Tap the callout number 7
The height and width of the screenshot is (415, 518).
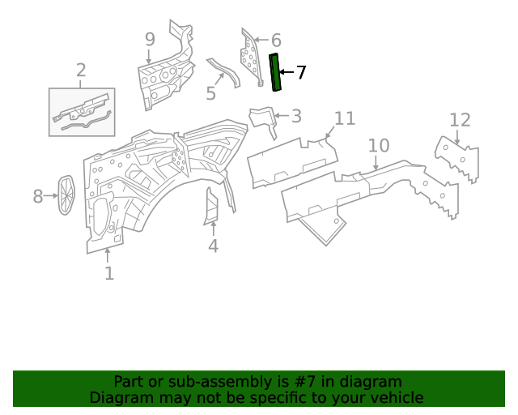(301, 73)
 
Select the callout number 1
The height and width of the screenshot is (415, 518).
(109, 274)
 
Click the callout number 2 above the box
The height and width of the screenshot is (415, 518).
(81, 71)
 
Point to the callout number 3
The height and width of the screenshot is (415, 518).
(296, 116)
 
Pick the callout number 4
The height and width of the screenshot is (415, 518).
(213, 246)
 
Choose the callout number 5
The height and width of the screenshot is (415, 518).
(210, 93)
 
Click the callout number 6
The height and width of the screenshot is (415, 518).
(275, 41)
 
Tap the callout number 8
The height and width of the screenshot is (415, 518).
(38, 195)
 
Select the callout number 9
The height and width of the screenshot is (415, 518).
(150, 39)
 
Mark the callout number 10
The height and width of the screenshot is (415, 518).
(378, 146)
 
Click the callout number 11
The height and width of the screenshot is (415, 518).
(345, 119)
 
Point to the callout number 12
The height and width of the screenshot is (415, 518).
(459, 121)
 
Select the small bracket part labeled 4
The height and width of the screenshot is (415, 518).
(211, 207)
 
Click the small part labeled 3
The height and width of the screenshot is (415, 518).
(262, 118)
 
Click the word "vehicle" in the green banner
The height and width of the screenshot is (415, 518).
(394, 397)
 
